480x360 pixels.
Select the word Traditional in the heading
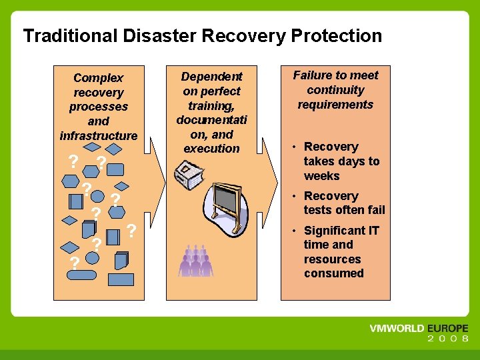pos(62,35)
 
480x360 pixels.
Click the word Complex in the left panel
pos(98,78)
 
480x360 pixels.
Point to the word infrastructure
pos(98,136)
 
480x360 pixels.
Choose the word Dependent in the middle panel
pos(211,77)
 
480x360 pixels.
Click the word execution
pos(211,149)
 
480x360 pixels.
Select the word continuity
pos(335,90)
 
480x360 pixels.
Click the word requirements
pos(335,105)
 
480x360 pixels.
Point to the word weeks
pos(321,176)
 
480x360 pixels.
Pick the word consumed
pos(333,273)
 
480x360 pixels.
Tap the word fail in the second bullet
pos(374,210)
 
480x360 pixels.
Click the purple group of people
pos(195,261)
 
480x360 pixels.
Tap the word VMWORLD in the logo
pos(397,329)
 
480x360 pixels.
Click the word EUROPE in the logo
pos(446,329)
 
